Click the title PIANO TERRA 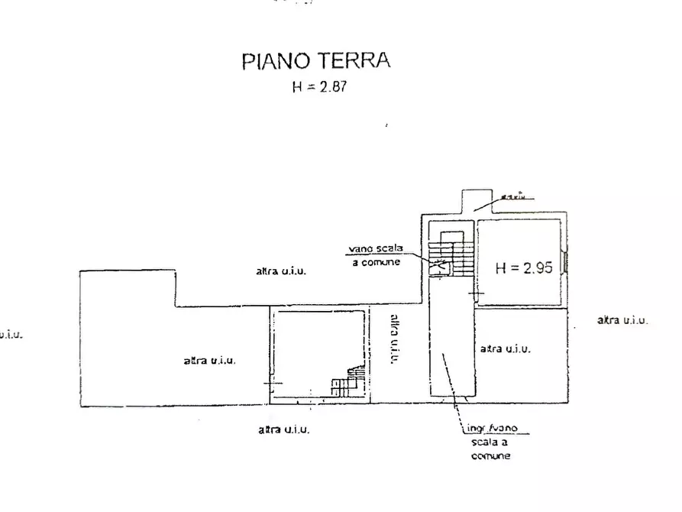[x=316, y=61]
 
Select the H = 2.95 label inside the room [x=523, y=268]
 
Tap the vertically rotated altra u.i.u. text [x=394, y=340]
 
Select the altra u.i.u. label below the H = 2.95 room [x=505, y=348]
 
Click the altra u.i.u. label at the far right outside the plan [x=622, y=320]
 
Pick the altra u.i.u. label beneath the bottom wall [x=283, y=429]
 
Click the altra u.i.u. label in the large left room [x=208, y=361]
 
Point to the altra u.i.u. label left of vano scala [x=281, y=271]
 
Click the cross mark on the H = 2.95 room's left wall [x=477, y=293]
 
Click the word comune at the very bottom [x=490, y=456]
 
